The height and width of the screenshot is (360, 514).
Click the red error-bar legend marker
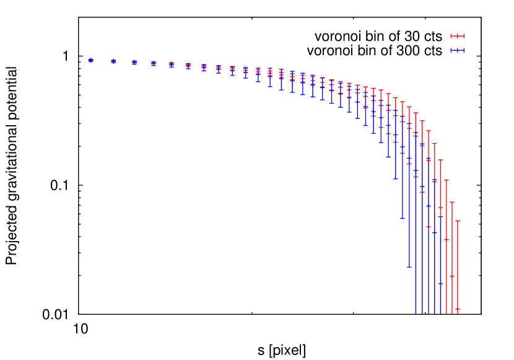(457, 36)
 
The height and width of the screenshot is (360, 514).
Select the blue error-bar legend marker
(457, 50)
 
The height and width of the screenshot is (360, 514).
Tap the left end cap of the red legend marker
(451, 36)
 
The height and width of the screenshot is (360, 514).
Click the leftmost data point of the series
(90, 60)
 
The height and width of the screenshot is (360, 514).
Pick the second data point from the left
(113, 61)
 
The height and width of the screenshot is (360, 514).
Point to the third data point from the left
(134, 63)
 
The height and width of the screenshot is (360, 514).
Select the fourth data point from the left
(154, 63)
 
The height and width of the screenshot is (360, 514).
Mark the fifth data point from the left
(172, 64)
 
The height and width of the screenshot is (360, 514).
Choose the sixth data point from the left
(188, 65)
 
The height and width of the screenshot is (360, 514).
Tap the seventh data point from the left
(204, 66)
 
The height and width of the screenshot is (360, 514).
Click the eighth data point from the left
(219, 68)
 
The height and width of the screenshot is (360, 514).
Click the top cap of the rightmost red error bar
(458, 221)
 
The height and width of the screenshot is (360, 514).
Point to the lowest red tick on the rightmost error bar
(458, 309)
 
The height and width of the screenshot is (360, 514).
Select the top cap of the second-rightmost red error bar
(452, 202)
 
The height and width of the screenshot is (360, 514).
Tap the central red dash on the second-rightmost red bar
(452, 276)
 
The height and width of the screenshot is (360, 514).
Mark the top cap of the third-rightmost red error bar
(446, 180)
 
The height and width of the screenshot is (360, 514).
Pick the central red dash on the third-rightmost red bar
(446, 240)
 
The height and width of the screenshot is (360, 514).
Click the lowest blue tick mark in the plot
(440, 284)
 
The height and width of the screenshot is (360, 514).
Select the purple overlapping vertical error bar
(440, 260)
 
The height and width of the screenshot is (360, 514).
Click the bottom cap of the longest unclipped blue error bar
(409, 267)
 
